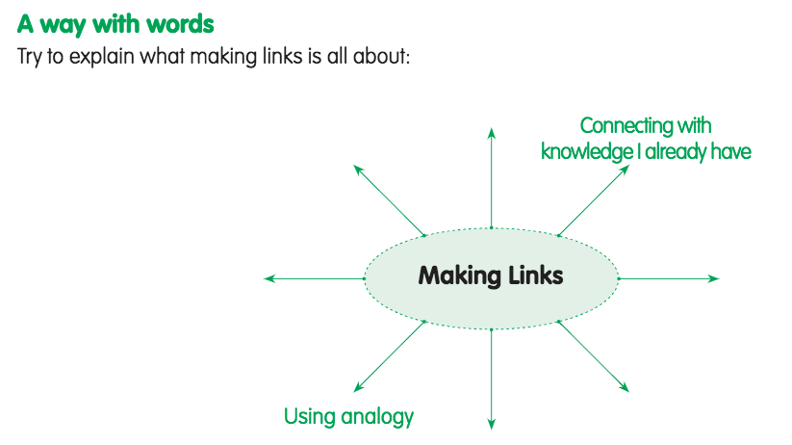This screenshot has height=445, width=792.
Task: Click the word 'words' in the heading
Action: click(x=174, y=23)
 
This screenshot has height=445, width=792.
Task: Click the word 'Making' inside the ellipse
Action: click(x=458, y=275)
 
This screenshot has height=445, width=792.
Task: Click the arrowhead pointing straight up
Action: click(x=492, y=132)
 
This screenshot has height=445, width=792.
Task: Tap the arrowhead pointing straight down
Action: click(x=492, y=423)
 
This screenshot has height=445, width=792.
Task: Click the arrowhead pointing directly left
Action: click(x=268, y=278)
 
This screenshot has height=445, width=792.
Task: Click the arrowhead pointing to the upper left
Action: click(x=358, y=169)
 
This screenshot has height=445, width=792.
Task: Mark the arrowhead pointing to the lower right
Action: click(x=626, y=387)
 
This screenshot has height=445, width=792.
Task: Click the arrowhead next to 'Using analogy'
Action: click(x=357, y=387)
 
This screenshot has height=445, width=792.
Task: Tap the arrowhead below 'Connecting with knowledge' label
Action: click(x=626, y=169)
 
